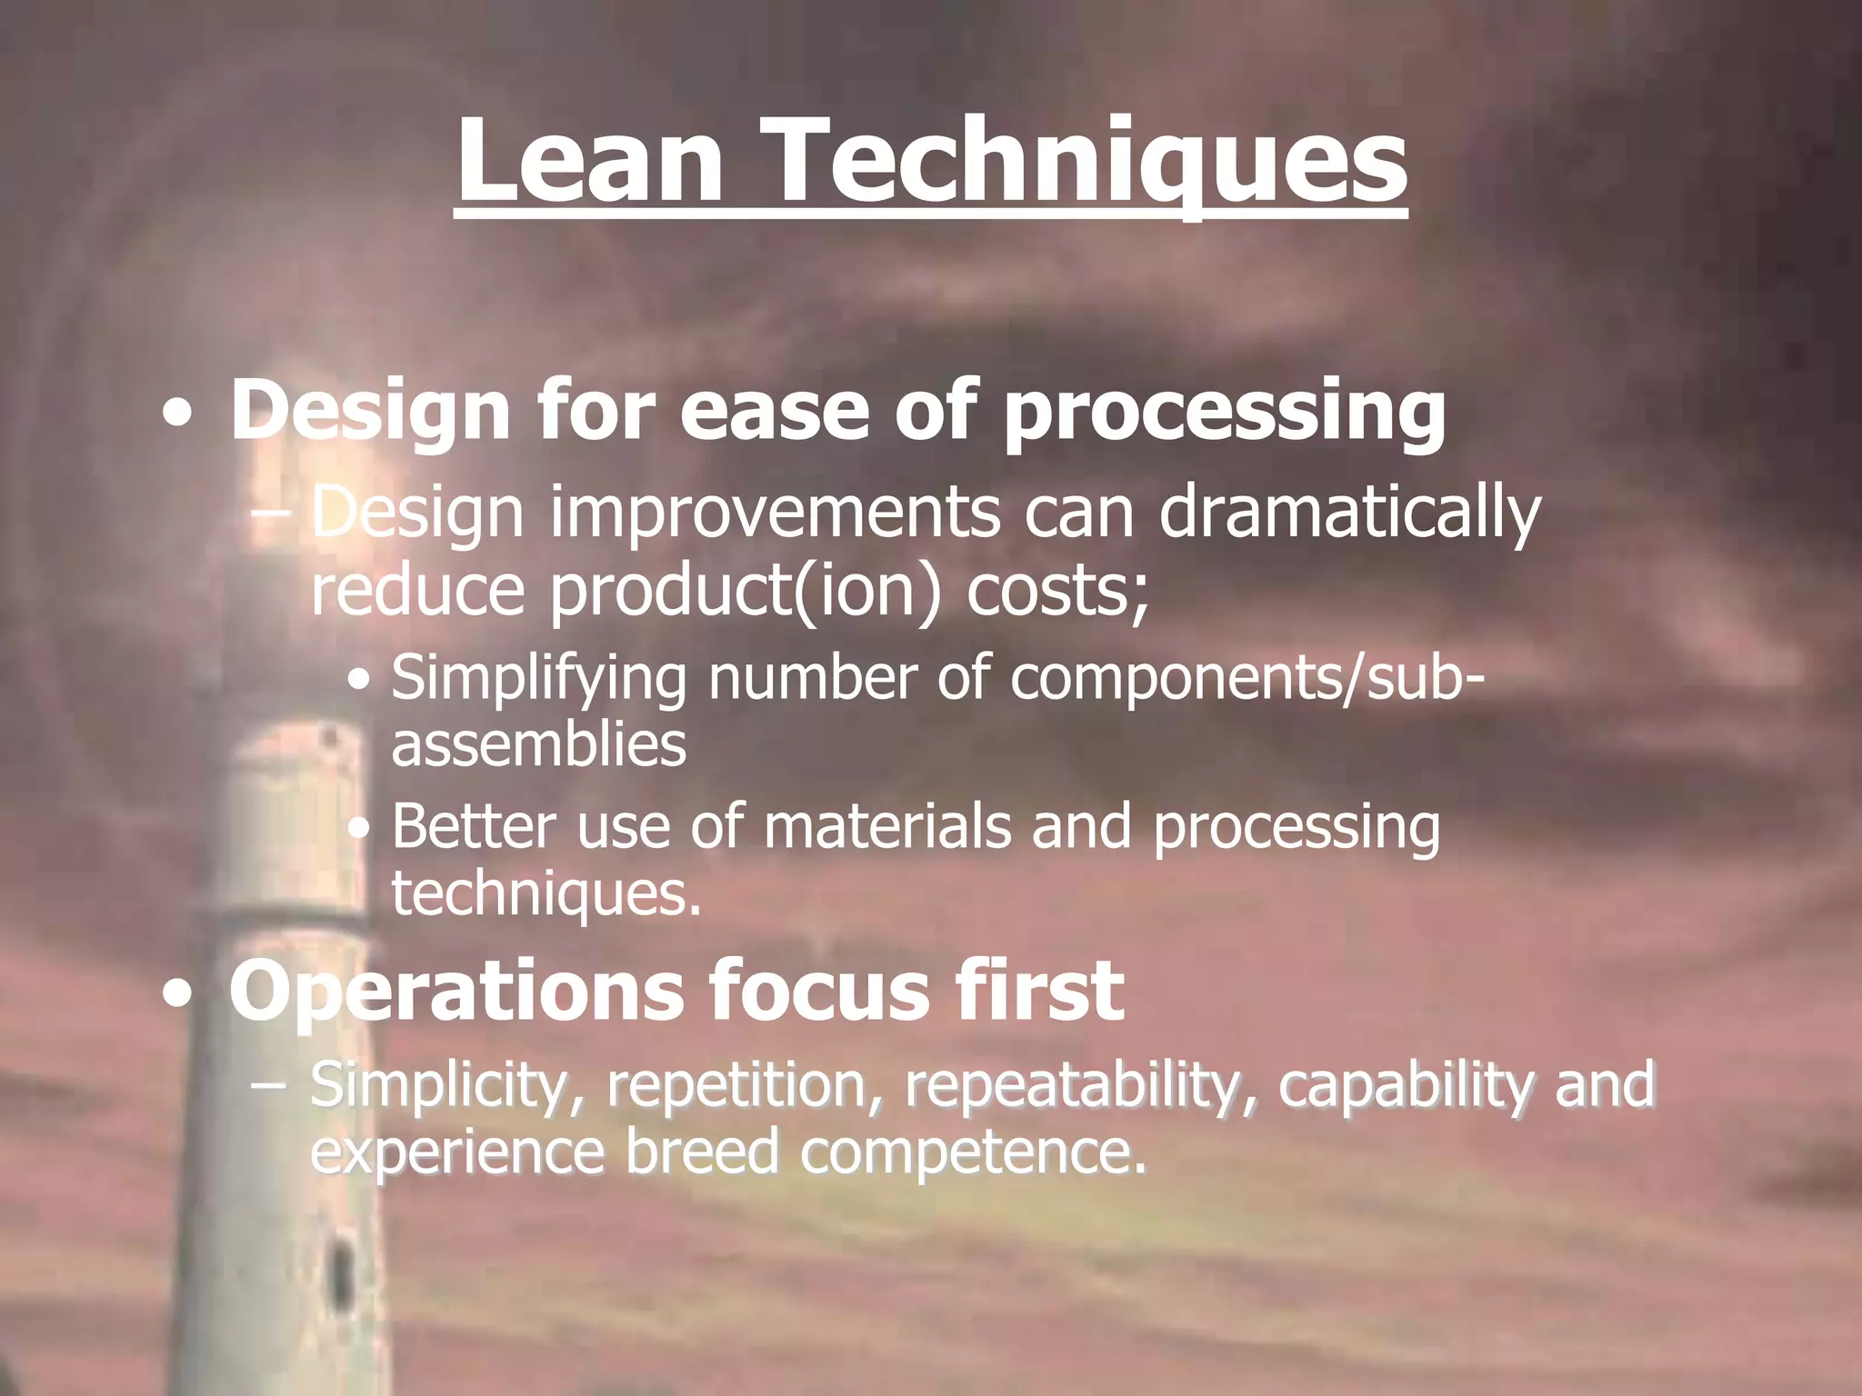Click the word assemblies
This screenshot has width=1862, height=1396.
tap(538, 745)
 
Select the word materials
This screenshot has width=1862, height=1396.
tap(887, 828)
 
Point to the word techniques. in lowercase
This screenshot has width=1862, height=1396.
tap(546, 894)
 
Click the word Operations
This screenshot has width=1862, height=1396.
tap(455, 991)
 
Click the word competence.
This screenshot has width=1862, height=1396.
tap(973, 1152)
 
